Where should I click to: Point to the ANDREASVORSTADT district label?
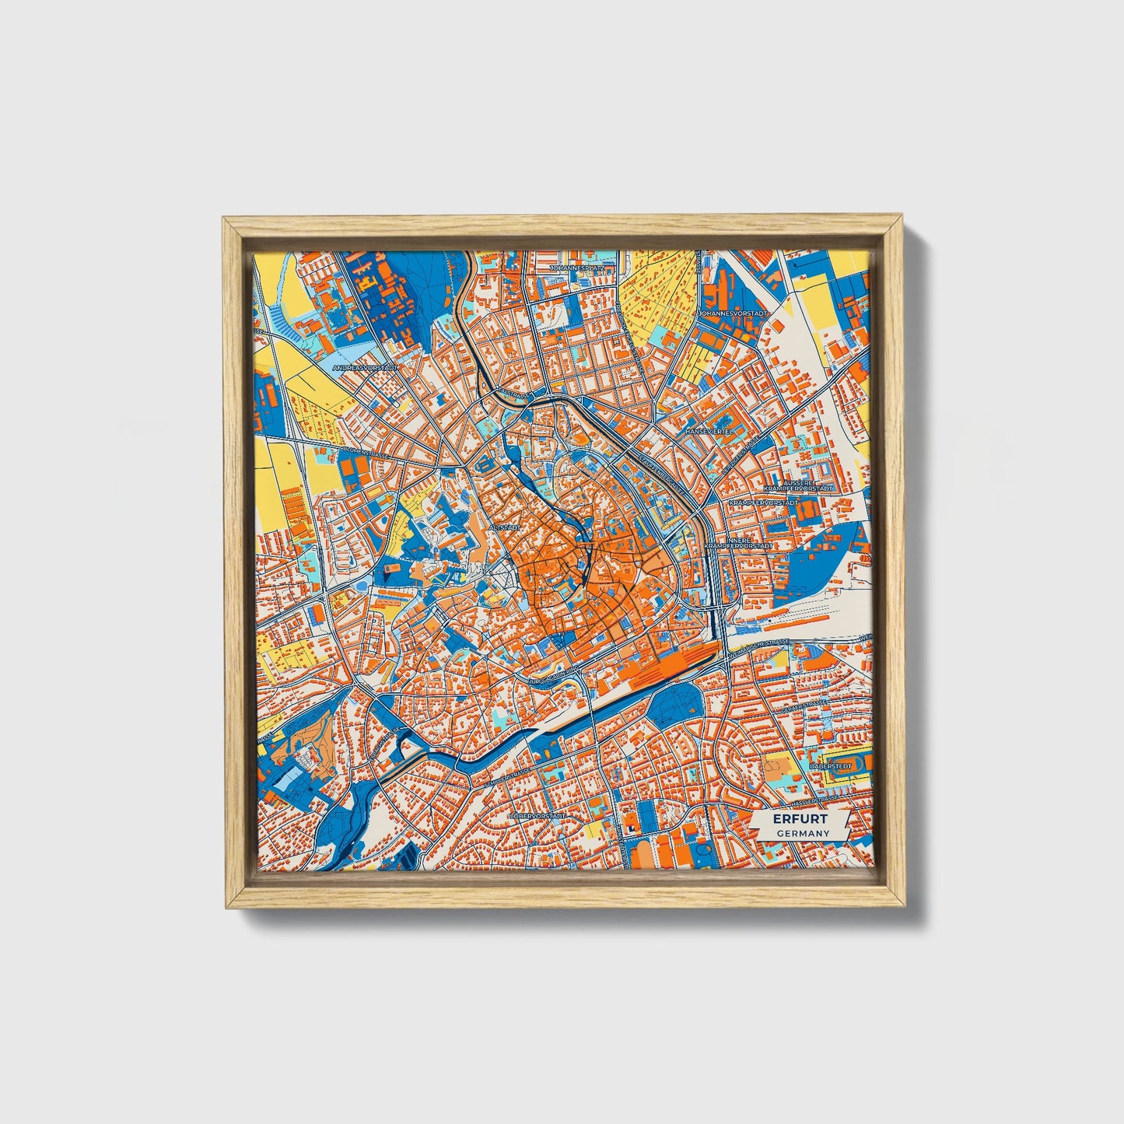(x=365, y=368)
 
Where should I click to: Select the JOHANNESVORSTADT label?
(x=733, y=313)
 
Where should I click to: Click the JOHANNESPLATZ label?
(x=576, y=268)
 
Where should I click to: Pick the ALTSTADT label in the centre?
(x=503, y=527)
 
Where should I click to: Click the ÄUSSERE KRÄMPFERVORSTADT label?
(x=798, y=485)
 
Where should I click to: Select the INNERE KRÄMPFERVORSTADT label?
(x=737, y=543)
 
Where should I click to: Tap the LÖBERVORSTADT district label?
(x=537, y=817)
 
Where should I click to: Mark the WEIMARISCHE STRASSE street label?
(x=760, y=645)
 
